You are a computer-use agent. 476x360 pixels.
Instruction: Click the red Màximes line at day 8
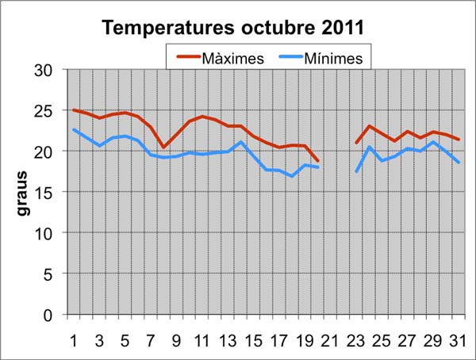[163, 147]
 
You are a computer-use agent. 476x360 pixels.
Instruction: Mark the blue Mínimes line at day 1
[74, 130]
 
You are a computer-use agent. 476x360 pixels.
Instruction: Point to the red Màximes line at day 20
[317, 161]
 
